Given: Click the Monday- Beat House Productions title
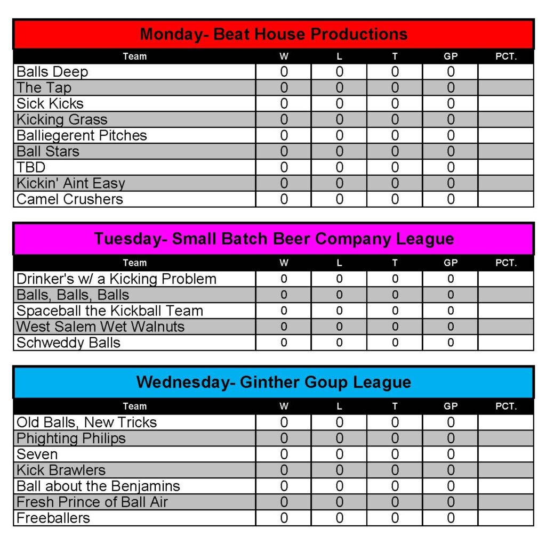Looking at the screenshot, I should pos(274,35).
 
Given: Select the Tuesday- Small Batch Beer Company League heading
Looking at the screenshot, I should pos(274,239).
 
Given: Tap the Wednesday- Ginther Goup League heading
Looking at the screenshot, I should pos(274,382).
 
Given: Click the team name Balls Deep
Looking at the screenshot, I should pos(52,72).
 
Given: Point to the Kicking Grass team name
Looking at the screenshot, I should pos(62,120).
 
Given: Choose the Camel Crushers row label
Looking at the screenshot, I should pos(70,199).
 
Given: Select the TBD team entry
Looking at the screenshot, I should pos(31,167).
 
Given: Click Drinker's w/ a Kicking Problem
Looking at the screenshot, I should pos(116,279).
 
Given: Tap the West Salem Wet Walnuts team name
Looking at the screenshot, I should pos(100,327).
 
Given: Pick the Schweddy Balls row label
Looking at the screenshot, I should pos(68,343).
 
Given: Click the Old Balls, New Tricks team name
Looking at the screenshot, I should pos(86,422).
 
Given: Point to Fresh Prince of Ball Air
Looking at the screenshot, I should pos(92,502).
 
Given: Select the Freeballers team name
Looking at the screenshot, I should pos(53,518).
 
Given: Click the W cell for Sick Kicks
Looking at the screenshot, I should pos(284,104).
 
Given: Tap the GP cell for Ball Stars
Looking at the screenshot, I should pos(451,151).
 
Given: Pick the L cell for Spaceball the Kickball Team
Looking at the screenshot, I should pos(339,311).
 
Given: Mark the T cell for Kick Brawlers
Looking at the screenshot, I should pos(395,470).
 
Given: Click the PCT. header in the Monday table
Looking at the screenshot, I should pos(506,56).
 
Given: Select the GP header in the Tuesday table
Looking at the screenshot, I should pos(451,263).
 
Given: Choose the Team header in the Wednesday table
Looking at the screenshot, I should pos(134,406).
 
